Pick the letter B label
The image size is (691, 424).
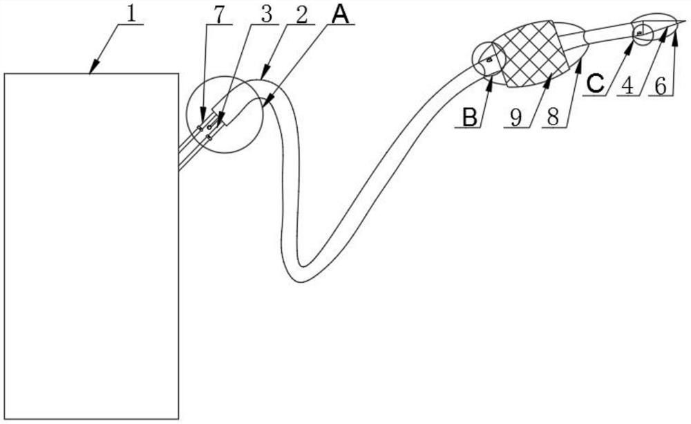469,118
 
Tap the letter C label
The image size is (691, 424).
595,83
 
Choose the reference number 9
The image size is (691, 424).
515,118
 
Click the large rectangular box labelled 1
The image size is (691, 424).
91,246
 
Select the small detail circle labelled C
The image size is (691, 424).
642,32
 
